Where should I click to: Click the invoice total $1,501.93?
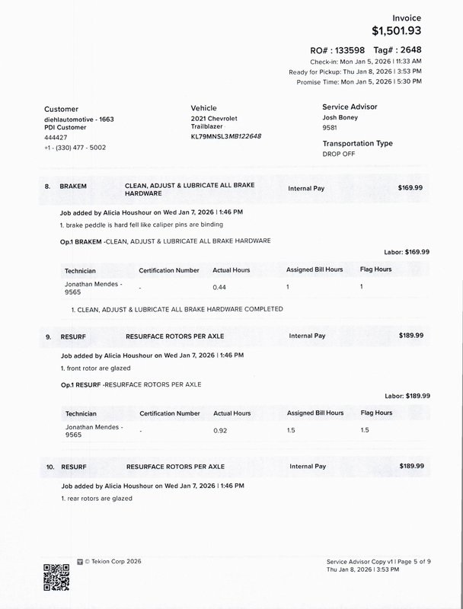tap(396, 31)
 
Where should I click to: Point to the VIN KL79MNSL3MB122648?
tap(226, 136)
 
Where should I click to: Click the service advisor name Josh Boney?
tap(340, 118)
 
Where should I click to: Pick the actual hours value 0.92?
tap(221, 432)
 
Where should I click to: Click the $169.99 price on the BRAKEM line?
tap(411, 187)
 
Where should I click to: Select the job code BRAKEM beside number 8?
tap(74, 187)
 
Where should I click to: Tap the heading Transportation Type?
tap(357, 143)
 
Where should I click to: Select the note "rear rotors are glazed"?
tap(96, 498)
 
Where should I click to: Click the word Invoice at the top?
tap(406, 17)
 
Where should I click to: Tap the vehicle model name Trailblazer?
tap(206, 127)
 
